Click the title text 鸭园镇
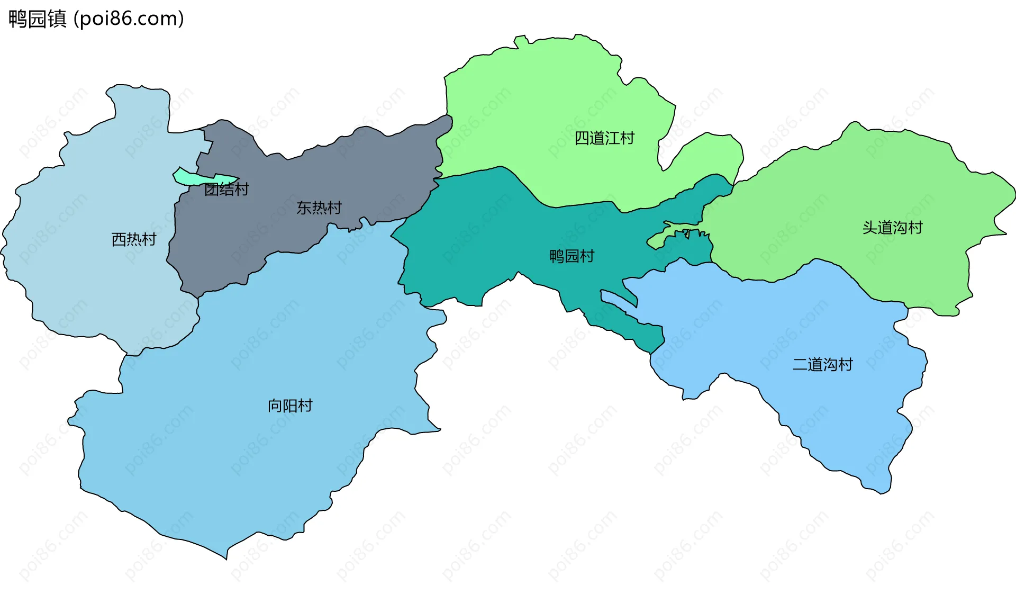click(37, 19)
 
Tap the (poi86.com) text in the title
click(129, 19)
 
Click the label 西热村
click(134, 240)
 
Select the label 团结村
click(226, 190)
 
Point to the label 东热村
click(319, 208)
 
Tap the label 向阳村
click(290, 406)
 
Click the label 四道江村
click(604, 138)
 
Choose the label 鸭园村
click(571, 256)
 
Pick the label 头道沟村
click(892, 228)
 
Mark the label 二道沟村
click(822, 365)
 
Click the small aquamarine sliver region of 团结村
click(190, 178)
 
